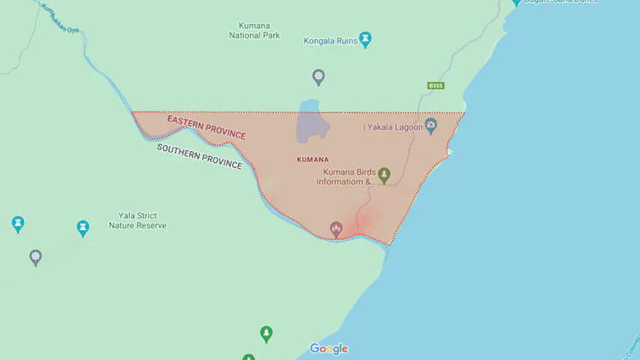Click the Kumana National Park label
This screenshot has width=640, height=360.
(x=254, y=31)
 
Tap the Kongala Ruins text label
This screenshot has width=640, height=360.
(x=330, y=40)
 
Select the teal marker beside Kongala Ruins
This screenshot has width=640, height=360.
(x=366, y=39)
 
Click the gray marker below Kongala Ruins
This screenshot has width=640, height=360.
(x=318, y=78)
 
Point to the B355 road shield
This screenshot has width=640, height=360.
(x=436, y=85)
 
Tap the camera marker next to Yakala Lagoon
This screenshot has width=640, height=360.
(x=431, y=126)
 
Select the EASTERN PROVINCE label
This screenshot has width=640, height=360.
(x=206, y=128)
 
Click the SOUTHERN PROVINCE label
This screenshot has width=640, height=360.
(x=199, y=155)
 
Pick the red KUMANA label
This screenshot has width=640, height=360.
(x=311, y=160)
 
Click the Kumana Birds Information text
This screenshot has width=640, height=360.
(x=346, y=177)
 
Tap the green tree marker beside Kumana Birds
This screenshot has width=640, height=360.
(x=385, y=176)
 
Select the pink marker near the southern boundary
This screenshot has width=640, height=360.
(x=336, y=229)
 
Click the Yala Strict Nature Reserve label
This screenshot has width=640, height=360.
(x=137, y=221)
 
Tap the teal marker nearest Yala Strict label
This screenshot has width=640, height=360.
(x=83, y=229)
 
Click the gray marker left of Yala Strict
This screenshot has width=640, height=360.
(x=35, y=257)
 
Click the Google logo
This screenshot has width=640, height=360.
(x=329, y=348)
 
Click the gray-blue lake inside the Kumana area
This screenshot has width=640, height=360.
(x=311, y=125)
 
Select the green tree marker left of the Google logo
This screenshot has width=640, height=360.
(x=266, y=334)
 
